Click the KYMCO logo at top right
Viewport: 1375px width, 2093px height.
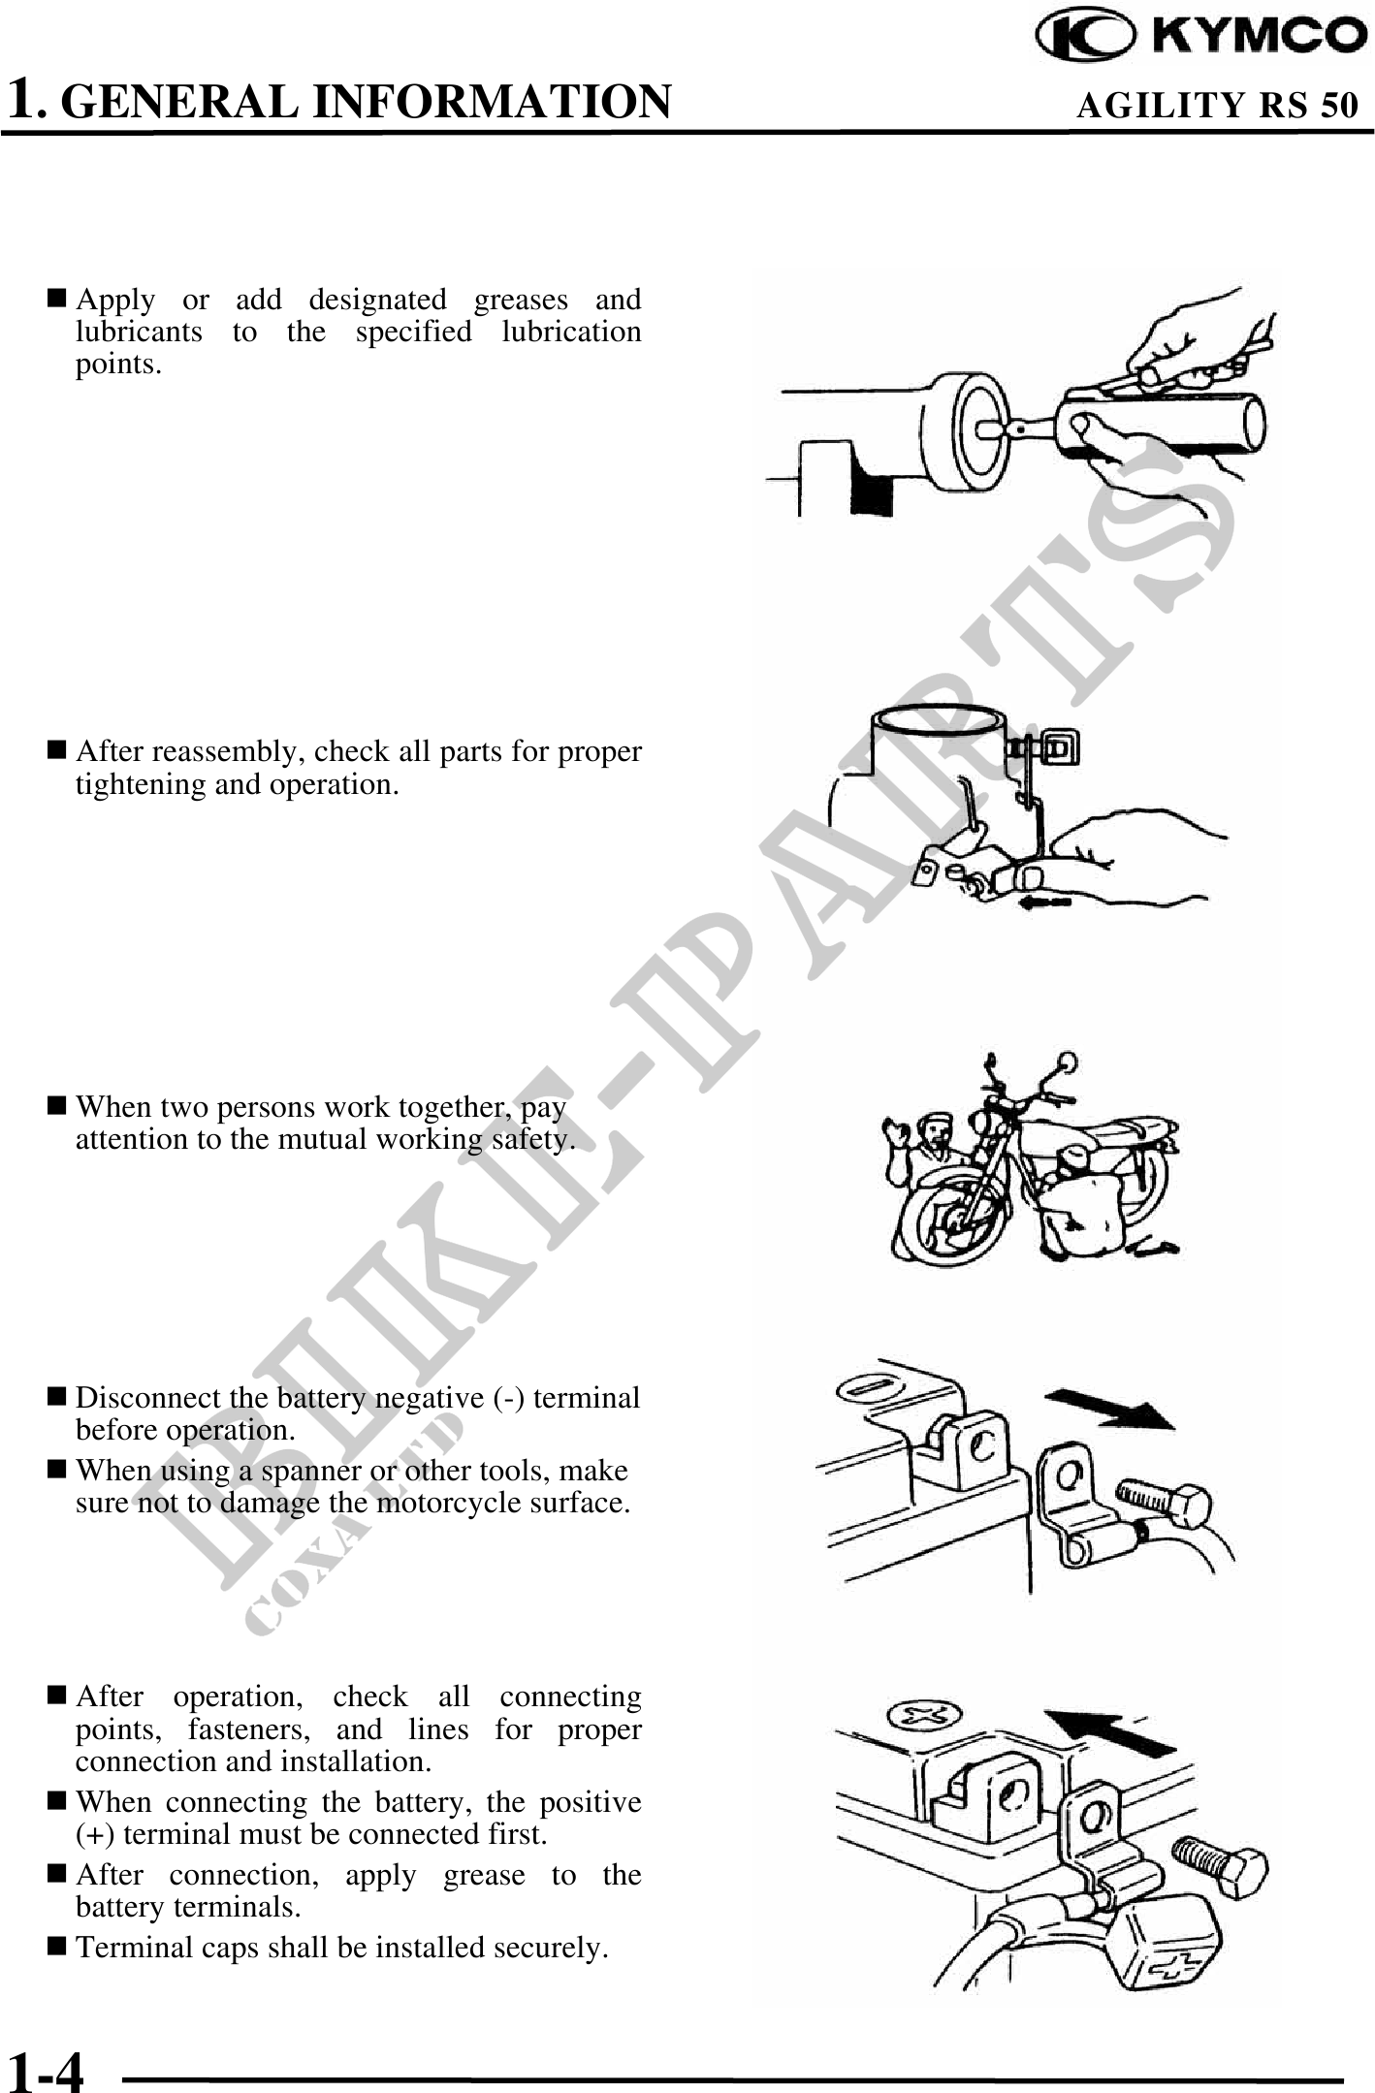(1200, 36)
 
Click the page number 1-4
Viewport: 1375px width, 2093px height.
(46, 2073)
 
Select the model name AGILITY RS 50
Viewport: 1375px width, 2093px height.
(1217, 105)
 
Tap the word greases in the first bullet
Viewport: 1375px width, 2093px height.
(521, 301)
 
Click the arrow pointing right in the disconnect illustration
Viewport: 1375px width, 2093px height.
(1109, 1408)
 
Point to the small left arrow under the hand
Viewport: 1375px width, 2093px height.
(1043, 903)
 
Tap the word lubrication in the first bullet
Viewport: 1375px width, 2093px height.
(571, 333)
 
